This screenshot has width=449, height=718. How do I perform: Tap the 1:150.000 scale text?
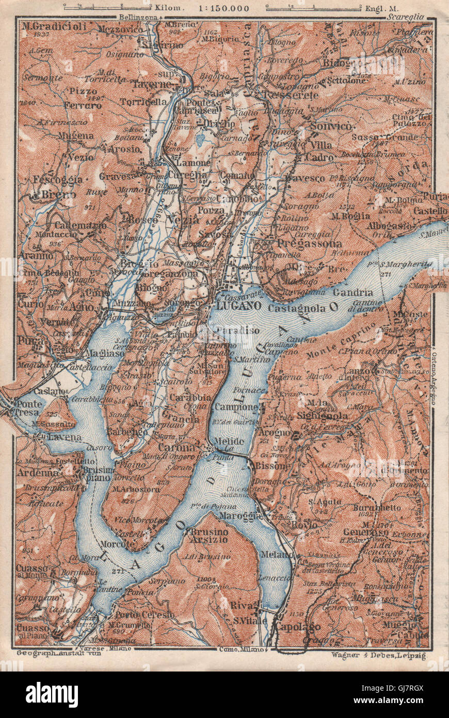221,8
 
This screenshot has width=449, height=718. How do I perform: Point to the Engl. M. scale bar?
312,7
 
